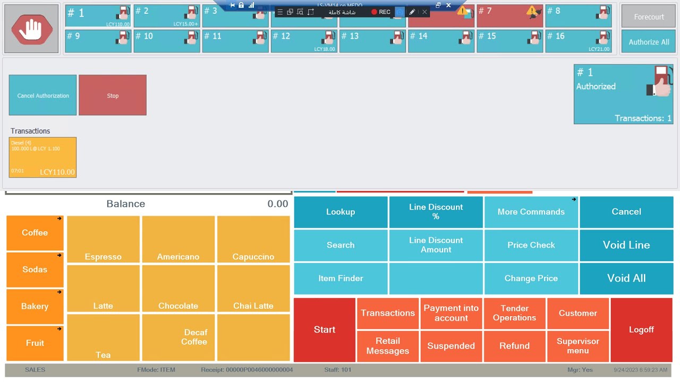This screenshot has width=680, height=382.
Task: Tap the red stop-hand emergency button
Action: [x=31, y=29]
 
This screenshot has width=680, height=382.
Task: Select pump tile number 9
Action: [x=98, y=41]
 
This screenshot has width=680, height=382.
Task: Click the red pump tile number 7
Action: [x=509, y=16]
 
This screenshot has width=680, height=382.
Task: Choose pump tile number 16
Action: [x=578, y=41]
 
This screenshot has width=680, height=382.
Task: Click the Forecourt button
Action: [x=649, y=16]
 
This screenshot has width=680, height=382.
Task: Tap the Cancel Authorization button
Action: [x=42, y=95]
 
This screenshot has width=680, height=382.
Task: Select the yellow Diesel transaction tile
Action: [x=42, y=157]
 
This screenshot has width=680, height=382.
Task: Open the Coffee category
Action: [x=35, y=233]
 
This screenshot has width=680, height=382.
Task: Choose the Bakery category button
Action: [x=35, y=307]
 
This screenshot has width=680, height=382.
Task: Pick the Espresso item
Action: [x=103, y=240]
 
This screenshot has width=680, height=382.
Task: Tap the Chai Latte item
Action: [x=253, y=289]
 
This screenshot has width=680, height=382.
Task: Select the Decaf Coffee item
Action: [x=178, y=337]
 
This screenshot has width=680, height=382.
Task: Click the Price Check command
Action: [x=531, y=245]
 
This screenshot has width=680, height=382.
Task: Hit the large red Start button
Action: [x=325, y=329]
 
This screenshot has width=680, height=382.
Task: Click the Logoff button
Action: [x=641, y=329]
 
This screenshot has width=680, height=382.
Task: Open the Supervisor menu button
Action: [x=577, y=346]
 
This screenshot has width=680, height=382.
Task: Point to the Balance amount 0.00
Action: [x=277, y=204]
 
